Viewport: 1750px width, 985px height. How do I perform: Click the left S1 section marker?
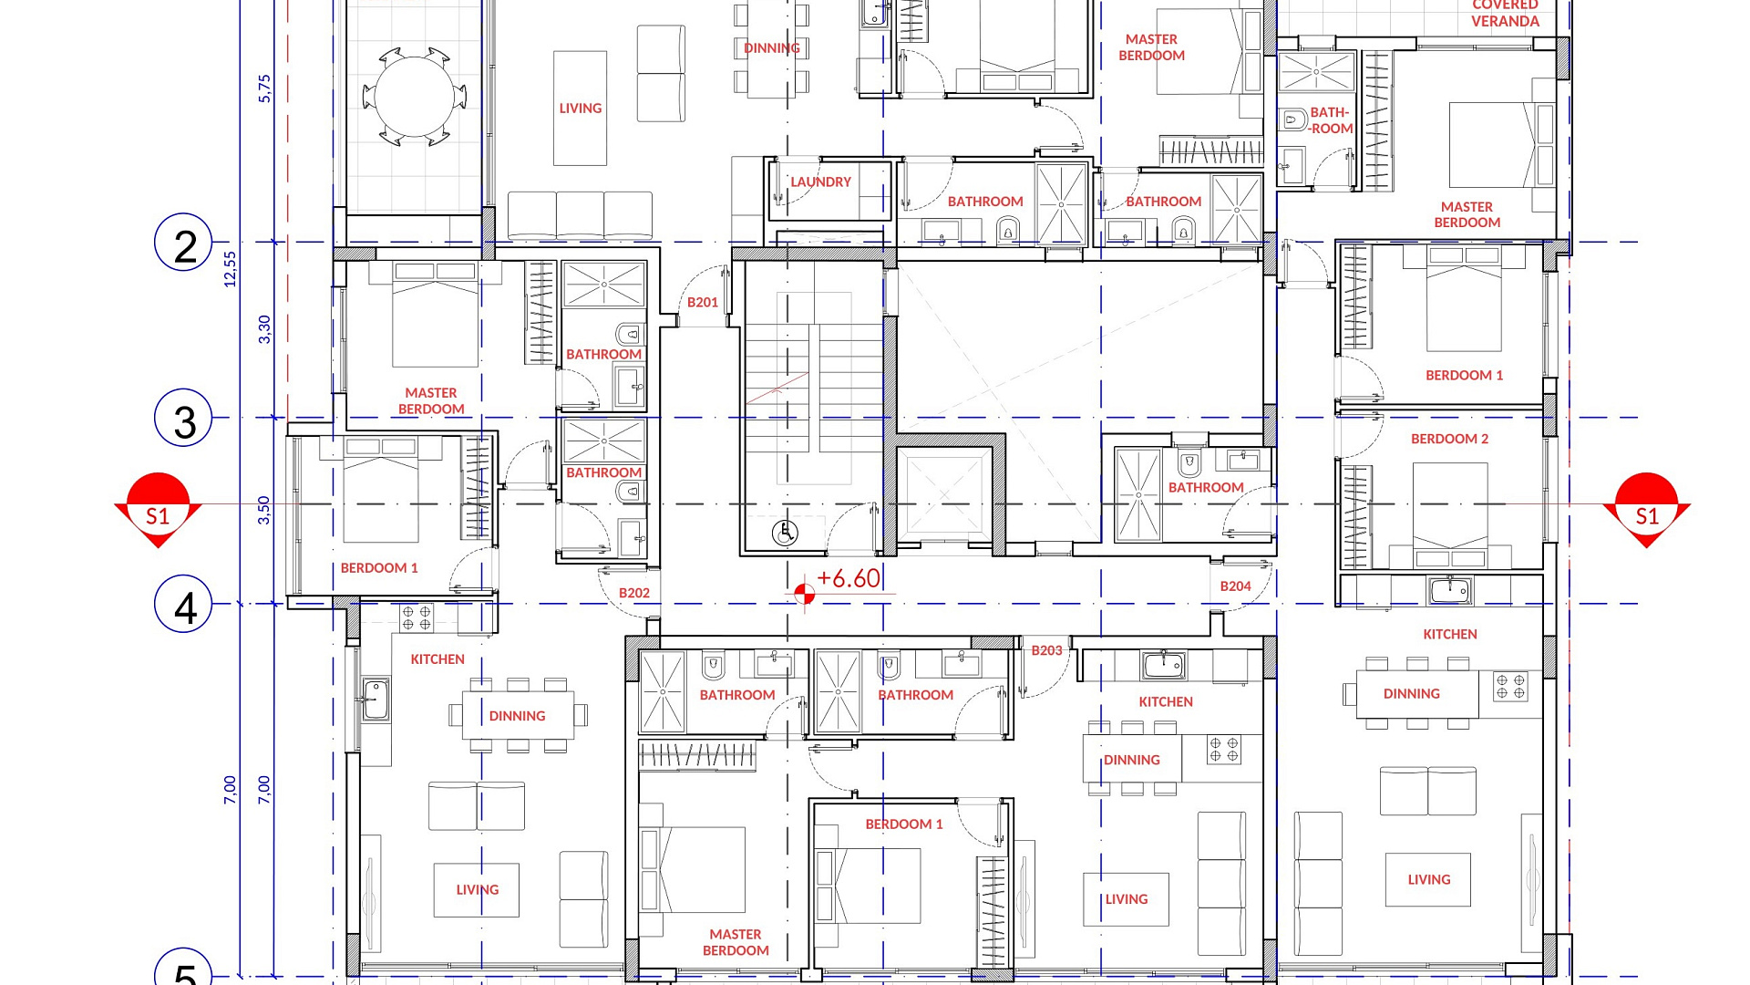(158, 510)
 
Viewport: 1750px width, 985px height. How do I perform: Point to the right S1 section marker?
(1646, 510)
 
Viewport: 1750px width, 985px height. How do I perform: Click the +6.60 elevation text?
(849, 578)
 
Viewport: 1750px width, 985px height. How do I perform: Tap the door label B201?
(703, 302)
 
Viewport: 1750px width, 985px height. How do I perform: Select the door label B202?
(634, 593)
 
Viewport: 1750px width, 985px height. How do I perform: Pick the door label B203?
(1047, 650)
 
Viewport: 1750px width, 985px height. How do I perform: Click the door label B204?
(1236, 586)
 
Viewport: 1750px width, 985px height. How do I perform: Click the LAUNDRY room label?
(820, 182)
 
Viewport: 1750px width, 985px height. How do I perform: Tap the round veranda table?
(415, 97)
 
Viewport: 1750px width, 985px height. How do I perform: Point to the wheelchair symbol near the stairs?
(785, 533)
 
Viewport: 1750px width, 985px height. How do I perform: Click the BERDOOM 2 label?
(1449, 439)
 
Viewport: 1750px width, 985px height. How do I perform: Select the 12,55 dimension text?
(230, 269)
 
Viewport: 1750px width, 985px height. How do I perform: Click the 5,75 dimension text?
(264, 88)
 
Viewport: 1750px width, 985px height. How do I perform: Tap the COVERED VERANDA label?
(1505, 13)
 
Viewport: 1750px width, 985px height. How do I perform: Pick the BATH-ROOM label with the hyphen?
(1331, 120)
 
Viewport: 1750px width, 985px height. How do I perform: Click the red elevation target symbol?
(804, 595)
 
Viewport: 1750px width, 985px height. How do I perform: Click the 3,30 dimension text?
(264, 329)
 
